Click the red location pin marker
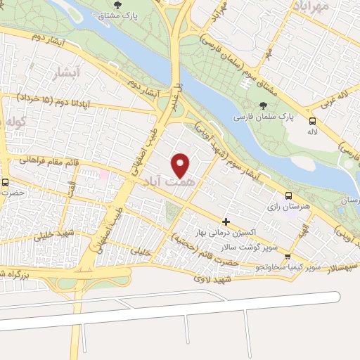181,165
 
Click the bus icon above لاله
312,120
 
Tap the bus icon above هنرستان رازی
288,196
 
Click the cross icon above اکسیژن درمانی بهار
225,221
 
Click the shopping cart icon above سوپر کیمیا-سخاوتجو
288,257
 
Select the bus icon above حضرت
6,183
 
